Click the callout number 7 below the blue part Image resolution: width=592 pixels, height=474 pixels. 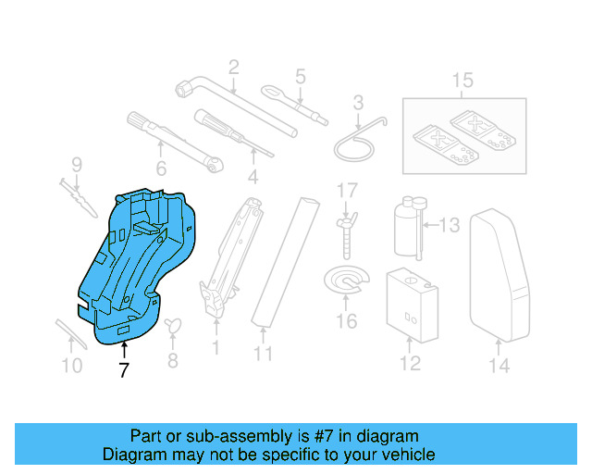[x=124, y=370]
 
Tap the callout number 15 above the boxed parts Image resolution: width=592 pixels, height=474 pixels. [x=462, y=79]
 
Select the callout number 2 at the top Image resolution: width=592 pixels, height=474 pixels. [x=233, y=67]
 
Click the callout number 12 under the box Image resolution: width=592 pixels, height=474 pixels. [x=408, y=364]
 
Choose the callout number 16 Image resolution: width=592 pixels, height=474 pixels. [x=346, y=322]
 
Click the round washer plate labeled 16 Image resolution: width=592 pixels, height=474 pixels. [x=344, y=281]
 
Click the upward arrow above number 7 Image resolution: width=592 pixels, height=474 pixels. [x=124, y=348]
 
